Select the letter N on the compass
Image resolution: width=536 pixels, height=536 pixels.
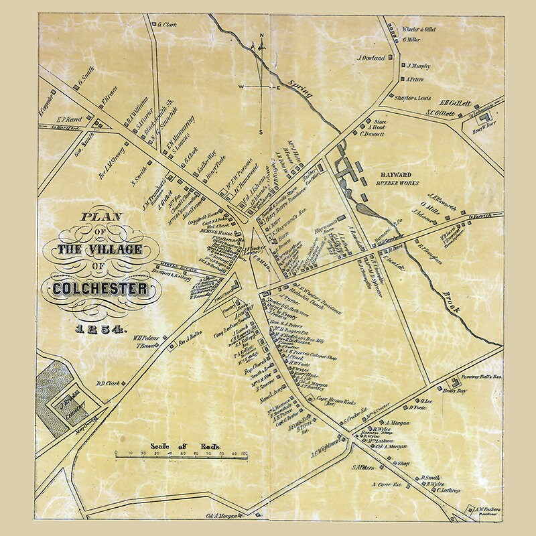point(262,35)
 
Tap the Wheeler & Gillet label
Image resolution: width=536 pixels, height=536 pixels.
point(422,29)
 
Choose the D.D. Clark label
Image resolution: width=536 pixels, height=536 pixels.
point(107,383)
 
